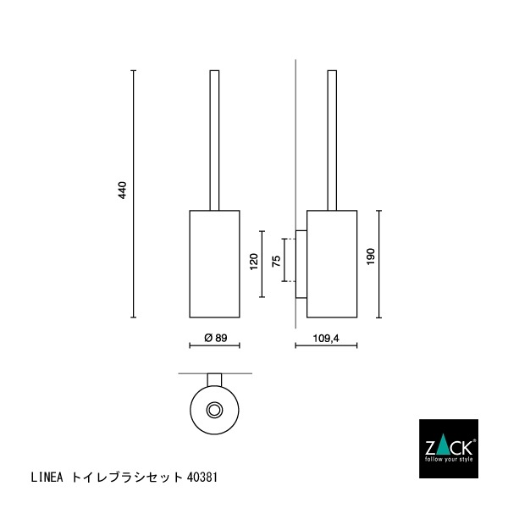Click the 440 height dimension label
(122, 190)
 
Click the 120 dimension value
(253, 262)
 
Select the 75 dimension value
(276, 261)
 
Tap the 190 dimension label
(369, 257)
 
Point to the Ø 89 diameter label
(216, 338)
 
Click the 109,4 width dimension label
(325, 338)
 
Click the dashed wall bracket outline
(288, 260)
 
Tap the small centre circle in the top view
(215, 411)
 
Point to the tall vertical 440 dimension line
(133, 195)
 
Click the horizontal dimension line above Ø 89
(215, 345)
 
